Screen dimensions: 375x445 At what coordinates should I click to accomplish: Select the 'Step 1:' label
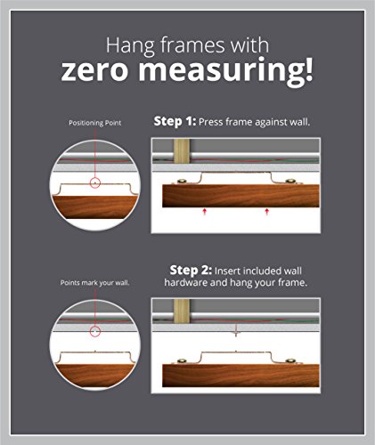(175, 122)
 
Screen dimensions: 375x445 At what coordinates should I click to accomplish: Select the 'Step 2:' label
(191, 271)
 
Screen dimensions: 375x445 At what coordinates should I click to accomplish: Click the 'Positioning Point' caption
(95, 123)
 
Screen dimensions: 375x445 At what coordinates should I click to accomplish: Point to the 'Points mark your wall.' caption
(95, 283)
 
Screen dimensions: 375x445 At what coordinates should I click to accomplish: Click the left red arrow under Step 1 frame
(204, 212)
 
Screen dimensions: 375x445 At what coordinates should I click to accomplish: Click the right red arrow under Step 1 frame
(266, 212)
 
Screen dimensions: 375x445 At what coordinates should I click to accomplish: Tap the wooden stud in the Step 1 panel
(182, 151)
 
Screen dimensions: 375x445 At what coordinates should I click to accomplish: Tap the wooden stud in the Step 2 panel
(182, 311)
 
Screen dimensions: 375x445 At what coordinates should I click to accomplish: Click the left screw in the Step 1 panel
(181, 182)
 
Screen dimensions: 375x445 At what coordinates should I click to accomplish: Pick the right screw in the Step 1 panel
(290, 181)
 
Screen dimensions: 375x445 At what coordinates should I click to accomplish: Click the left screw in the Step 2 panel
(182, 361)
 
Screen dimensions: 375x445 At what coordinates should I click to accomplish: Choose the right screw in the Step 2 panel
(290, 361)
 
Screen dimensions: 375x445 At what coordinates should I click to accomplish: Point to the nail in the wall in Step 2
(236, 331)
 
